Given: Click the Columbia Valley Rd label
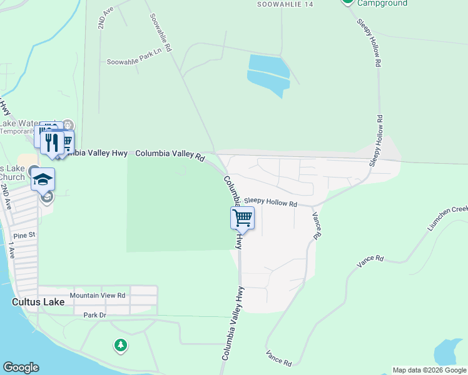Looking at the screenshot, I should point(170,154).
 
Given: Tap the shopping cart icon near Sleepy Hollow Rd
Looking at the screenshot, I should point(242,218).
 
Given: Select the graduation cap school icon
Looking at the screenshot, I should point(43,179).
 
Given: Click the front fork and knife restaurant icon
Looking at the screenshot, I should point(52,142).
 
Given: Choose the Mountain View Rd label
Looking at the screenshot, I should point(98,295).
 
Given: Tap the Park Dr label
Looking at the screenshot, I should point(95,315).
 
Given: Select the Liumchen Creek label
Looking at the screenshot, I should point(448,219).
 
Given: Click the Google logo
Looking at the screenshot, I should point(21,367).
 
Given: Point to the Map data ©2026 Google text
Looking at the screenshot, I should point(429,370).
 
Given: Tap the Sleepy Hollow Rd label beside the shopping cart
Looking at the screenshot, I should point(270,201).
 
